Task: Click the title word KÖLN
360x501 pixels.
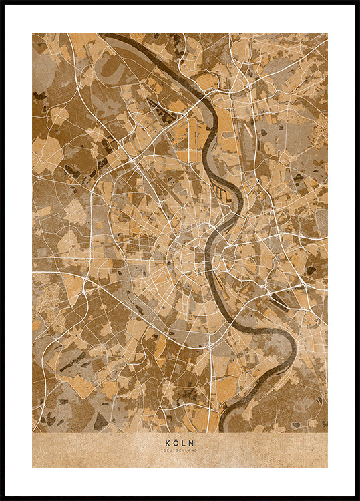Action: [180, 442]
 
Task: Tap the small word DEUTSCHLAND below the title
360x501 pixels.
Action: [180, 450]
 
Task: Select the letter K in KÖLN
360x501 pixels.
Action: [167, 442]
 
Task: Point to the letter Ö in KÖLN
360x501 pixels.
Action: [176, 442]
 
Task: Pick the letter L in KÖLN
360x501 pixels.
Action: [184, 442]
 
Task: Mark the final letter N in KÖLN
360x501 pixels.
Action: [193, 442]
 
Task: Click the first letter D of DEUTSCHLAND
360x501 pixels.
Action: [164, 450]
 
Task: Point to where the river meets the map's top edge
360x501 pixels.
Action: [107, 34]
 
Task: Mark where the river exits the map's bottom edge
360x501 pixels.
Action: [222, 430]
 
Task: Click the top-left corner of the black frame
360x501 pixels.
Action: [3, 3]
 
